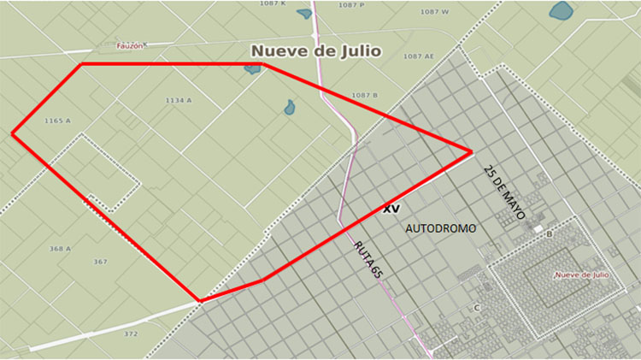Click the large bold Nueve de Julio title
pos(314,51)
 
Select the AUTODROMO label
pos(440,229)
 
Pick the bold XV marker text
pos(391,208)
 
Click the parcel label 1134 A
pos(179,100)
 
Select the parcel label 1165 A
pos(57,121)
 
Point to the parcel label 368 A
pos(60,249)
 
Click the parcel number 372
pos(130,333)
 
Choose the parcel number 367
pos(100,261)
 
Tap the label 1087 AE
pos(419,56)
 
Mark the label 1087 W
pos(435,11)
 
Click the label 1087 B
pos(364,94)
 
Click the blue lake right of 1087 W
pos(561,11)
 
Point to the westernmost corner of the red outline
pos(13,133)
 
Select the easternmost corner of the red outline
pos(472,152)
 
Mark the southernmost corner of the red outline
pos(200,300)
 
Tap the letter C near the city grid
pos(476,308)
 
